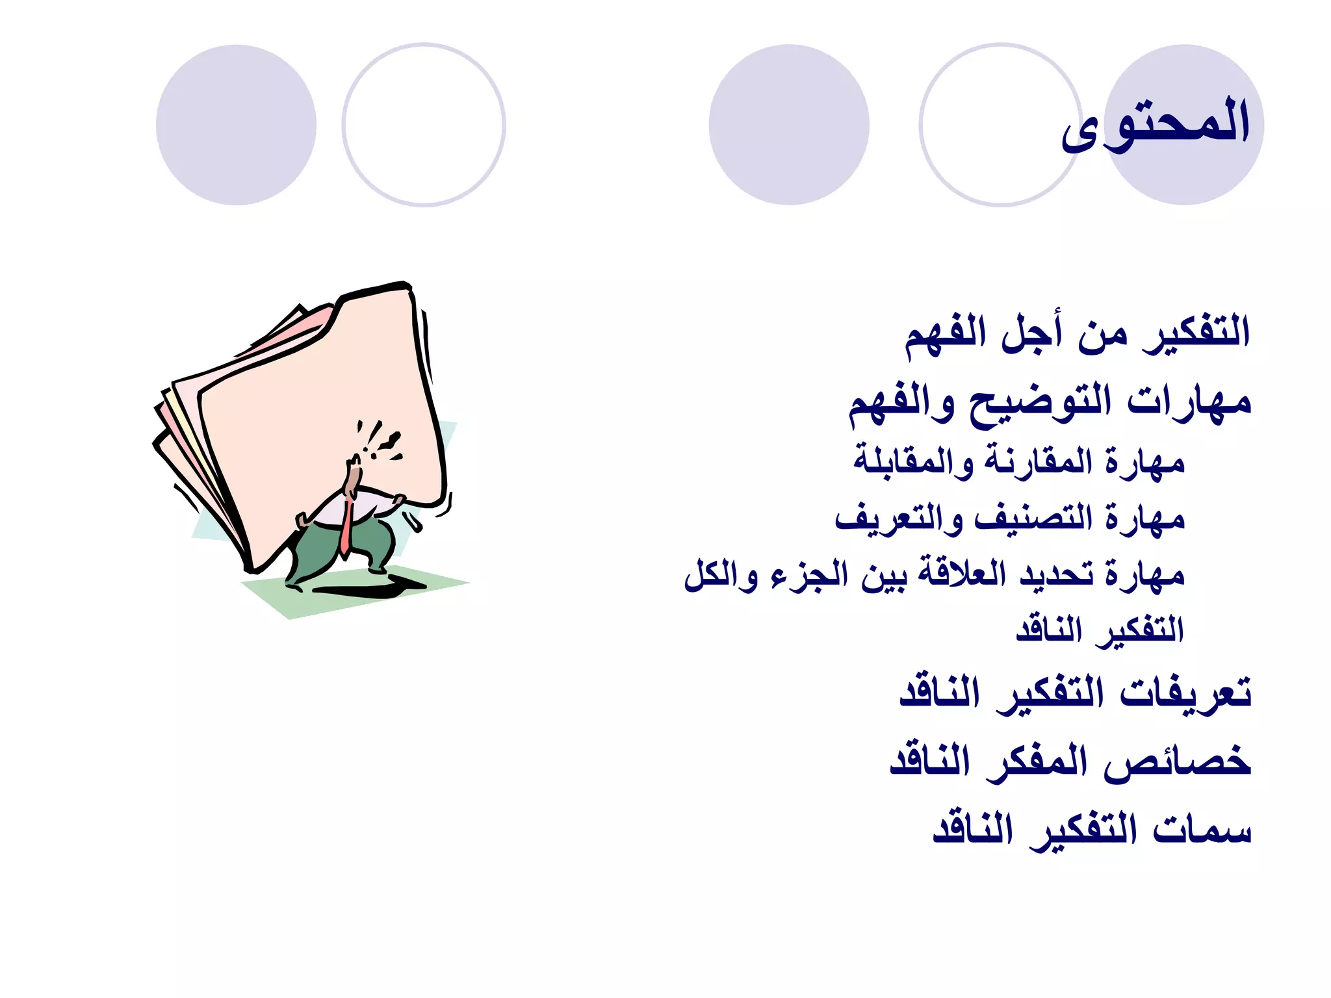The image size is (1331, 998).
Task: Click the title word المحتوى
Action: (x=1156, y=123)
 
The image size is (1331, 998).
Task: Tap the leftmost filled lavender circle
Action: (x=236, y=125)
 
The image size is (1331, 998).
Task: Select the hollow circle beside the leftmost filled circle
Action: (x=424, y=125)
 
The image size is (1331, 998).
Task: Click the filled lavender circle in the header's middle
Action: (x=789, y=125)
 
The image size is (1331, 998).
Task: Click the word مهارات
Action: (x=1189, y=401)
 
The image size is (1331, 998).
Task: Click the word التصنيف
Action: (x=1034, y=518)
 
